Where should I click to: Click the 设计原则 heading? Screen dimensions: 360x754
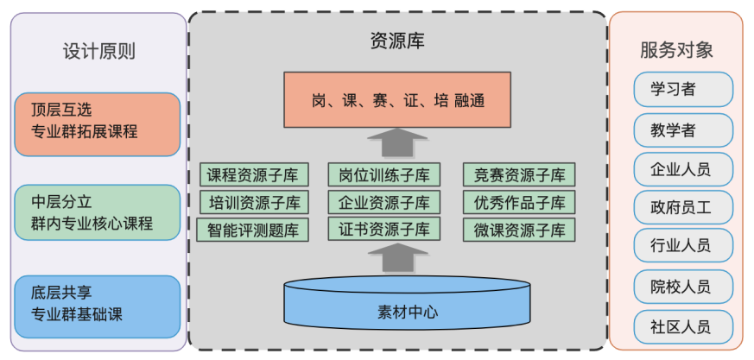98,51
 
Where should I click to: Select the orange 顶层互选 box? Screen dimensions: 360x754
98,123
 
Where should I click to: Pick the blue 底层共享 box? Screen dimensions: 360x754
98,305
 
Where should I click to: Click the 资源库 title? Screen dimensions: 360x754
397,41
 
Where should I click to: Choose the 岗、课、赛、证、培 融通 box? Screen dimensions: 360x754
397,100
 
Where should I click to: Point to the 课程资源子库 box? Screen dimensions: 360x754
252,175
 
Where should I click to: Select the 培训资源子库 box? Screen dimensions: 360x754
252,203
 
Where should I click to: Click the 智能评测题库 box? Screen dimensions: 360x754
252,231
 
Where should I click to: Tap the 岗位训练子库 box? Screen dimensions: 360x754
384,175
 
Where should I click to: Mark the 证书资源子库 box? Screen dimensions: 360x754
384,230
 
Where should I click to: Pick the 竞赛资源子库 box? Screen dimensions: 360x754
519,175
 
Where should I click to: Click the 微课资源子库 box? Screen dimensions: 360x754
519,231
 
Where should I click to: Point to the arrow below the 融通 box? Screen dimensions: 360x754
385,142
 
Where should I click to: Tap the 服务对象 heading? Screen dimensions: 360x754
676,50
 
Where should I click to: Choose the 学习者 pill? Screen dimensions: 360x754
682,89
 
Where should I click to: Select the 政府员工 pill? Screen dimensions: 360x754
682,207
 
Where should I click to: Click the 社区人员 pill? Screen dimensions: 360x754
682,326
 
